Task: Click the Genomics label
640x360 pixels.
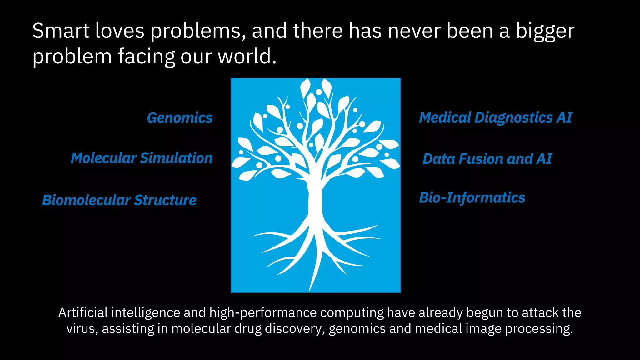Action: point(180,118)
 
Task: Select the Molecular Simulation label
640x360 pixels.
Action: point(142,158)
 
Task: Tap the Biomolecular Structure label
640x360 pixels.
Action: point(119,200)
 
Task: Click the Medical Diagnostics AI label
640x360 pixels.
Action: point(496,118)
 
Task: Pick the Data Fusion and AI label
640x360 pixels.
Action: point(487,159)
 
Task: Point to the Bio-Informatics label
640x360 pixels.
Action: point(472,198)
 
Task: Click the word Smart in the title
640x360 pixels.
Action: point(61,31)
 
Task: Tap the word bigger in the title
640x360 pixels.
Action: point(545,31)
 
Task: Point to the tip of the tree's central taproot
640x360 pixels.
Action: point(310,290)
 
